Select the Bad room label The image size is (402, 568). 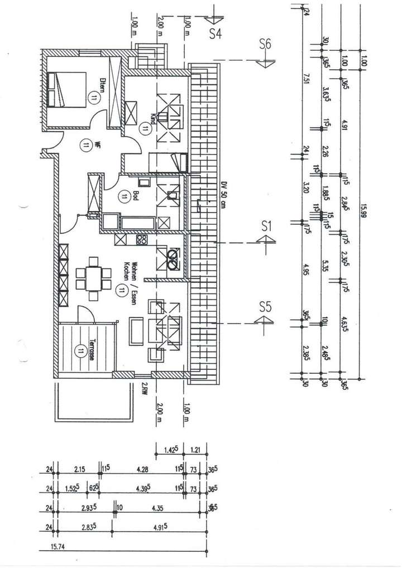[x=135, y=196]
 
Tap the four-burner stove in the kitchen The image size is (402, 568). [x=141, y=240]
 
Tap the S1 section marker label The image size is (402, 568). [x=266, y=226]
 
